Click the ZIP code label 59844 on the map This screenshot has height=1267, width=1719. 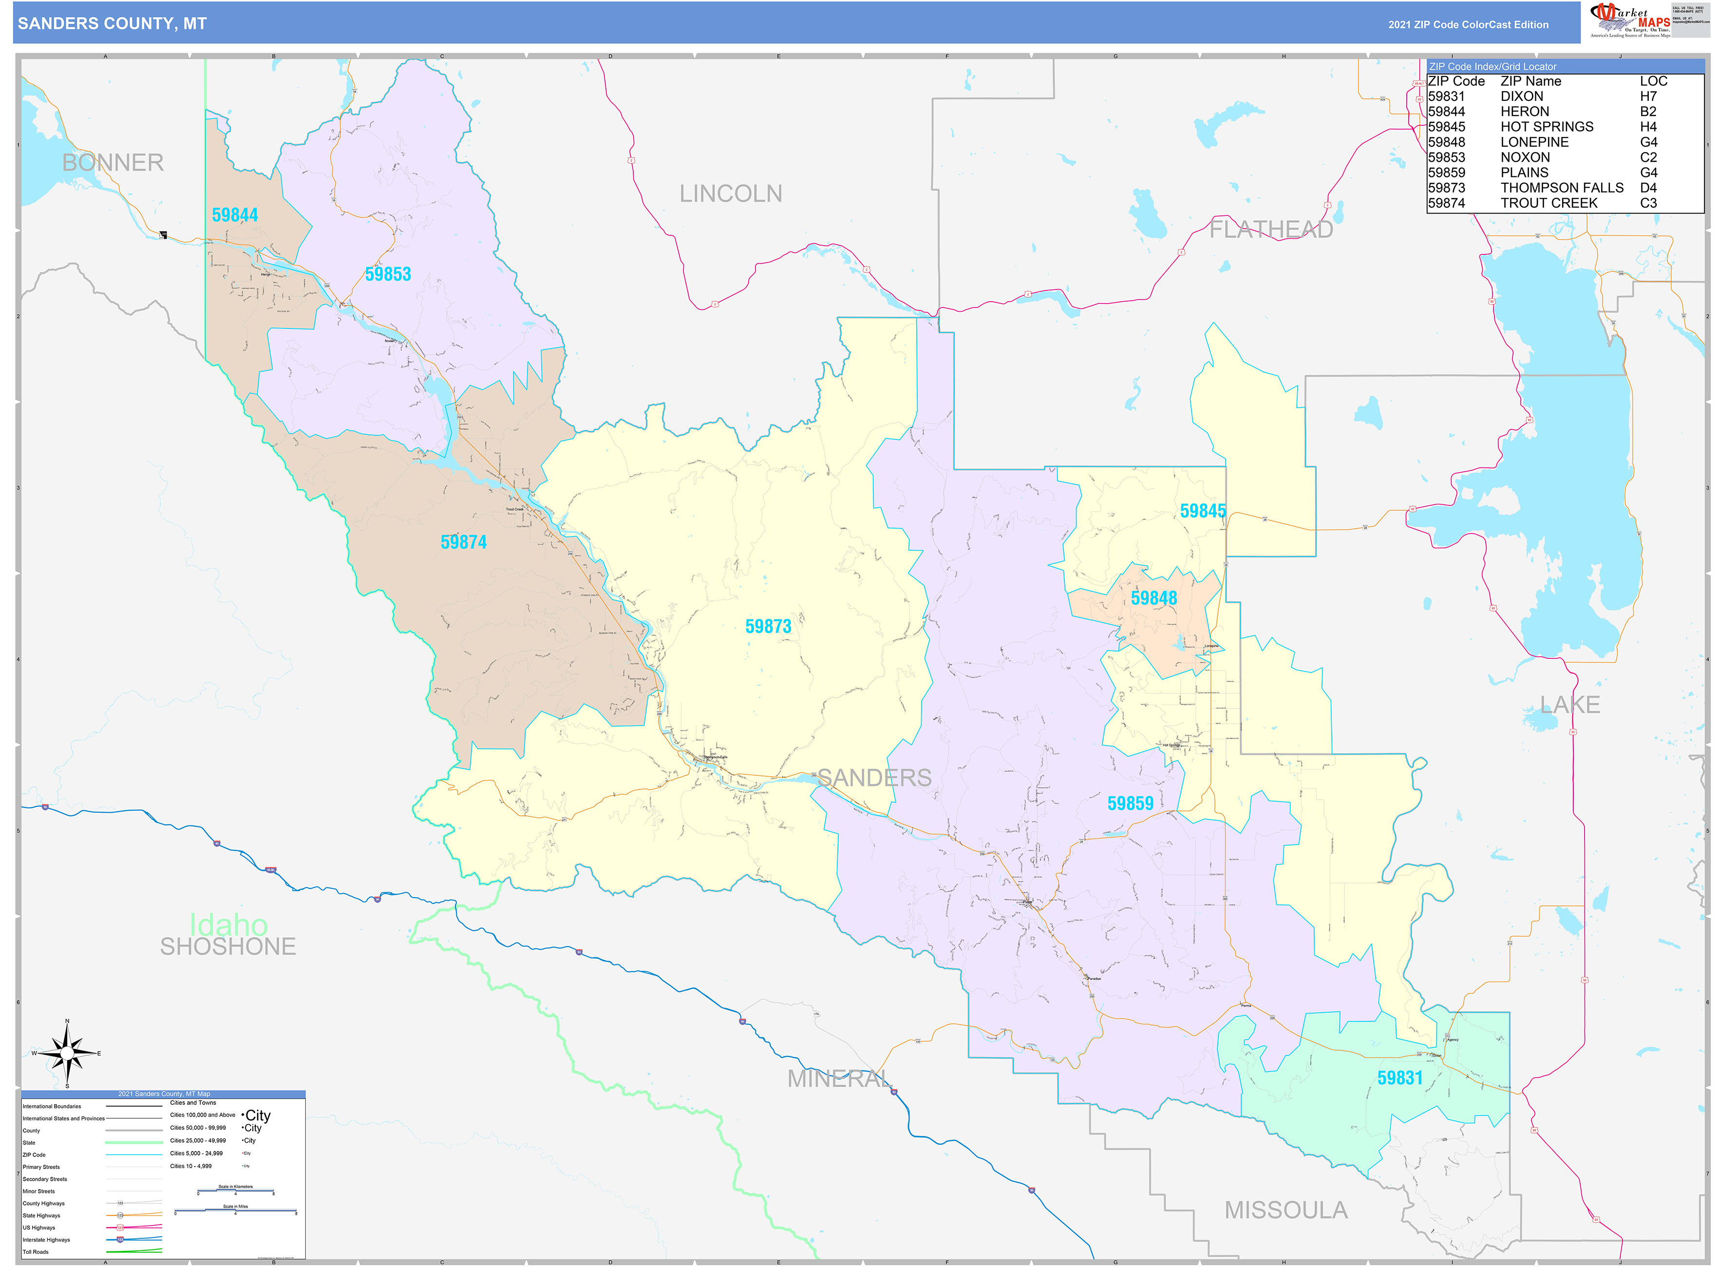235,215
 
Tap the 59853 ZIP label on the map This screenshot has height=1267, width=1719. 388,274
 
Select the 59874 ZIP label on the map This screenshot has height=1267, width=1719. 463,543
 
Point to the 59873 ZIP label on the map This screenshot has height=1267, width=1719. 768,627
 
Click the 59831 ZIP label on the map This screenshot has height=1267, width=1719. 1400,1078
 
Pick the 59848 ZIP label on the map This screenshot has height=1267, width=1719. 1154,598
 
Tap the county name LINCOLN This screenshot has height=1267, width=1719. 731,194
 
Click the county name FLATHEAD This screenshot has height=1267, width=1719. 1271,230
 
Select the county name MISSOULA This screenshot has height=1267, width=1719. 1286,1210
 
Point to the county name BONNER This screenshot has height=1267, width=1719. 113,163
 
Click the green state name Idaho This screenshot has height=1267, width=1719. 228,924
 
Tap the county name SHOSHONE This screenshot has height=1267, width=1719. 227,947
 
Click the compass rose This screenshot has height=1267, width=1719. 68,1054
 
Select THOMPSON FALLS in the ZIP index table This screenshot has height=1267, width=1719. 1562,188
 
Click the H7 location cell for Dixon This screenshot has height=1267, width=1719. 1648,96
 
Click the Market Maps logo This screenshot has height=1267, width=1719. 1629,20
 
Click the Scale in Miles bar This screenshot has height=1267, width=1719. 235,1212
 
